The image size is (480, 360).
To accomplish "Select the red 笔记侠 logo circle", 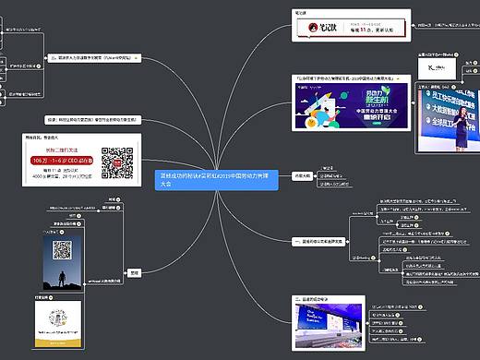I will tap(314, 30).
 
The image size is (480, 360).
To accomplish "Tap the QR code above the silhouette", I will tap(63, 249).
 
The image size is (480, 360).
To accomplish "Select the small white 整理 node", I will tap(133, 272).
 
